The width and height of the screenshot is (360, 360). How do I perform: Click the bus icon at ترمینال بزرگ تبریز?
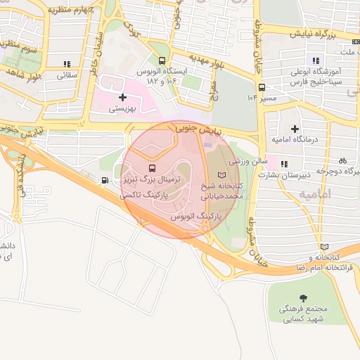152,169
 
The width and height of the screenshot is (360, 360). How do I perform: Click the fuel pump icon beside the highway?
105,180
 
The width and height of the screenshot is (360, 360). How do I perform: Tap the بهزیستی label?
124,109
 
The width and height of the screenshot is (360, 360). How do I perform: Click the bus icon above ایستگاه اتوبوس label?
162,60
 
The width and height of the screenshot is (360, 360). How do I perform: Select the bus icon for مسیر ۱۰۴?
262,88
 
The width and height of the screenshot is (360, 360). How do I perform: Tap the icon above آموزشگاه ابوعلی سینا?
316,60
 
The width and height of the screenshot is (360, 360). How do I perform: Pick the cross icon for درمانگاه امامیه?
294,128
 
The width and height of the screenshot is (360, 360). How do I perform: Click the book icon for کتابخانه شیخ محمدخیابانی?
222,174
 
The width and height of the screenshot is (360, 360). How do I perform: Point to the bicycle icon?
342,160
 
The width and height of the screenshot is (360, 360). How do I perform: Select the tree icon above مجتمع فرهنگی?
303,298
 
